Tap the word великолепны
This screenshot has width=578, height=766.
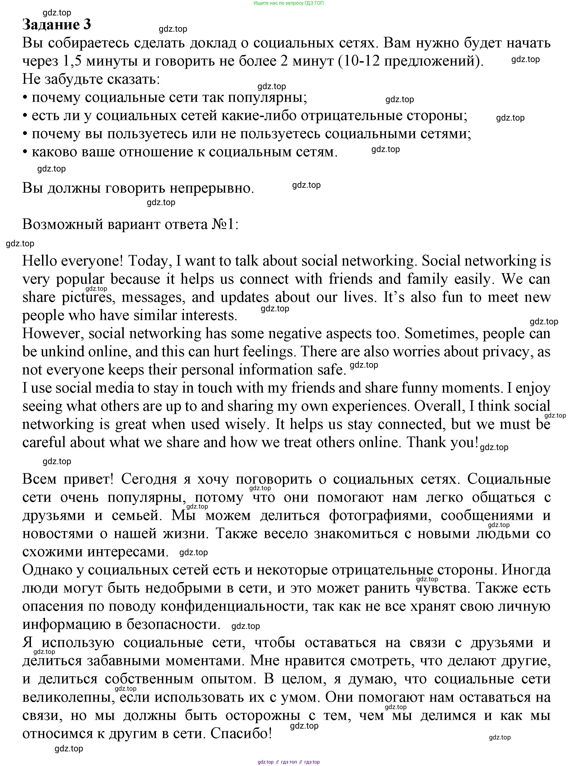pos(68,697)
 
